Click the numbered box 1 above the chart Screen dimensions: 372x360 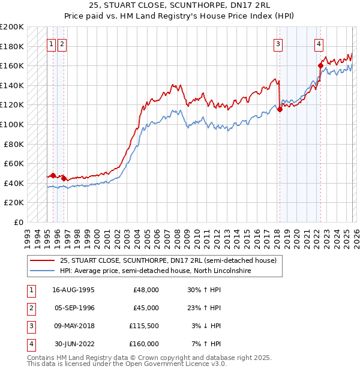tap(51, 43)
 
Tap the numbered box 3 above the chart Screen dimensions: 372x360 tap(278, 43)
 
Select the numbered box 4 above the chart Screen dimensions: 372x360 tap(319, 43)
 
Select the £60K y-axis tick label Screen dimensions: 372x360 tap(14, 163)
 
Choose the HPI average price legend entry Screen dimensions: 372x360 tap(156, 271)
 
